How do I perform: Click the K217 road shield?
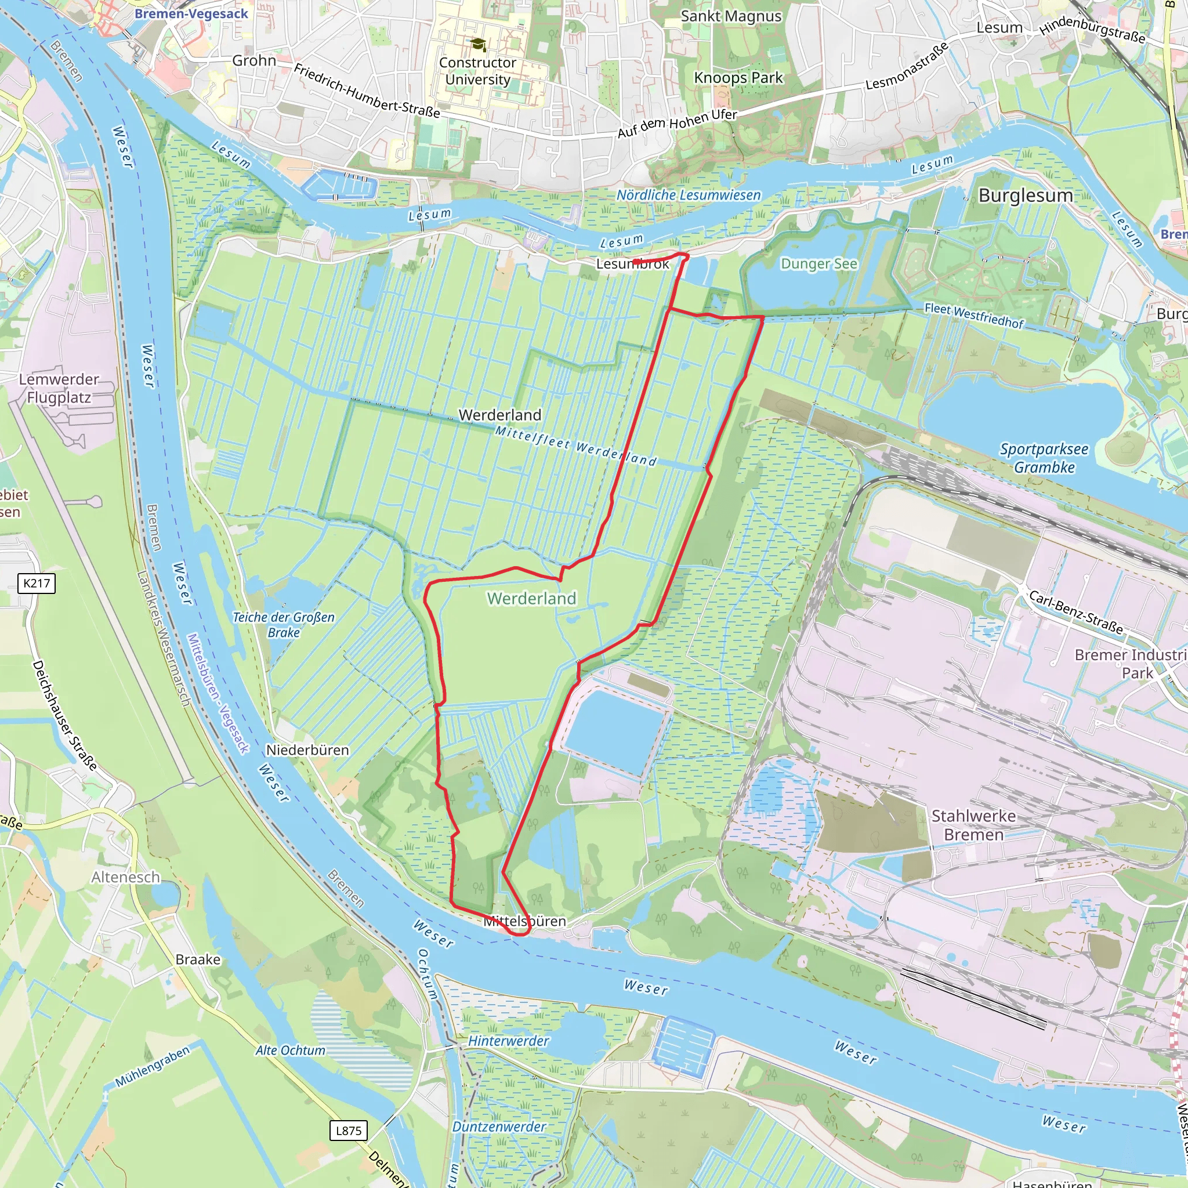click(37, 583)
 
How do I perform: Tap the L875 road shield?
click(349, 1130)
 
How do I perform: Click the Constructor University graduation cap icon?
click(478, 45)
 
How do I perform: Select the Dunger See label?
click(818, 264)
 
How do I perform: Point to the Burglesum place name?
click(1026, 195)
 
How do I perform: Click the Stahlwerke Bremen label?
click(973, 825)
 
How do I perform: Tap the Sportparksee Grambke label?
click(1044, 458)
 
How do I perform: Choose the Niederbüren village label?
click(307, 750)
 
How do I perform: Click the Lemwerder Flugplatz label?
click(59, 388)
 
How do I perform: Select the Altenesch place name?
click(125, 877)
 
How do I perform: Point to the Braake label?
click(197, 959)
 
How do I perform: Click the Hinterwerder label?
click(509, 1041)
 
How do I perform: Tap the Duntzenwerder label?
click(499, 1127)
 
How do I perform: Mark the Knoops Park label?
click(738, 78)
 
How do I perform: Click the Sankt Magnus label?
click(731, 16)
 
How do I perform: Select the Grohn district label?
click(254, 60)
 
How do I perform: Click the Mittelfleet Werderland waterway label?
click(576, 446)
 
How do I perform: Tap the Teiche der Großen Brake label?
click(284, 625)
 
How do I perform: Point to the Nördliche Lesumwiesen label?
click(689, 195)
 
